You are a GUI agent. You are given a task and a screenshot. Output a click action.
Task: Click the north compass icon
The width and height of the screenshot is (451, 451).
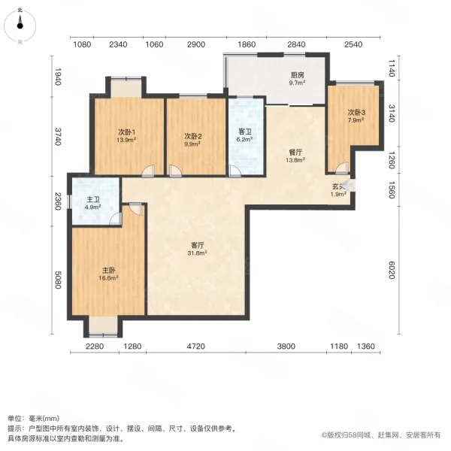[x=20, y=26]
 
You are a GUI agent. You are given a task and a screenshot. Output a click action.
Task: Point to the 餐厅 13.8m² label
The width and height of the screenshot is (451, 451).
[x=295, y=156]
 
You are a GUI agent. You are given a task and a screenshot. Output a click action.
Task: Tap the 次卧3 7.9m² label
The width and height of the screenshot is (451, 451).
[x=356, y=116]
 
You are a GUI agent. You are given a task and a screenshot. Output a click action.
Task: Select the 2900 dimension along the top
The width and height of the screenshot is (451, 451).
[x=196, y=44]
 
